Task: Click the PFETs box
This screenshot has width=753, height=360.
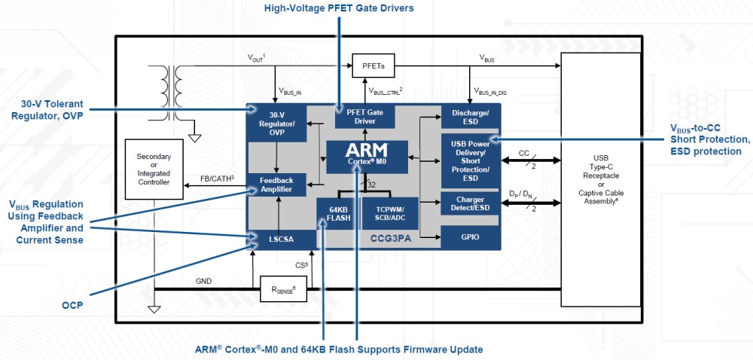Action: coord(373,66)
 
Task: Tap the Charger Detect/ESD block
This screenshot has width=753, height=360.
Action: coord(471,203)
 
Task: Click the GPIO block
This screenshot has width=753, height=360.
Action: coord(471,237)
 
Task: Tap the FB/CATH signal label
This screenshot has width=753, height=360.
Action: coord(217,179)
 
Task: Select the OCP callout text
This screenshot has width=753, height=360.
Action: coord(72,306)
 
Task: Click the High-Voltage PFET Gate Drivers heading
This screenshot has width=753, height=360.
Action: coord(340,8)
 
